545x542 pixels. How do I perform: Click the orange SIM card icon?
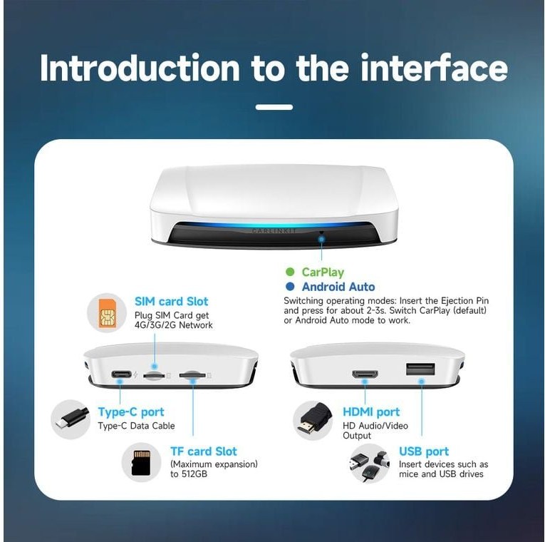point(107,313)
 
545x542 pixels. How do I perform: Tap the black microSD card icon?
point(141,463)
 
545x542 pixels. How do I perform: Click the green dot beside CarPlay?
point(289,272)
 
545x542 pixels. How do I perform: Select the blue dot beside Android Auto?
point(289,287)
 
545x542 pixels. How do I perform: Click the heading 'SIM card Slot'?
point(172,301)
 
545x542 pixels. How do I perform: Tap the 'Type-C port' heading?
point(130,412)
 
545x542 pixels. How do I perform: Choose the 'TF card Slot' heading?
point(203,451)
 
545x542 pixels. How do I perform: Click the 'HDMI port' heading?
point(371,412)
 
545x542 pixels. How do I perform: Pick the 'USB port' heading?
point(424,451)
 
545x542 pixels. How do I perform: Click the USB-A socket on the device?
point(420,369)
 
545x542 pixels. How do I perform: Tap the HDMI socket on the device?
point(365,374)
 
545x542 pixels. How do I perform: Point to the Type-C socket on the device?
point(122,374)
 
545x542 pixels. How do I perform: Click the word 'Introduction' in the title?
point(140,68)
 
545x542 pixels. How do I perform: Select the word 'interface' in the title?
point(434,68)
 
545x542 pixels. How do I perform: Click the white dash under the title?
point(274,107)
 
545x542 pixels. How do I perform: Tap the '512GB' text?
point(194,474)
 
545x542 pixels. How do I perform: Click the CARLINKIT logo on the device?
point(274,231)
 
